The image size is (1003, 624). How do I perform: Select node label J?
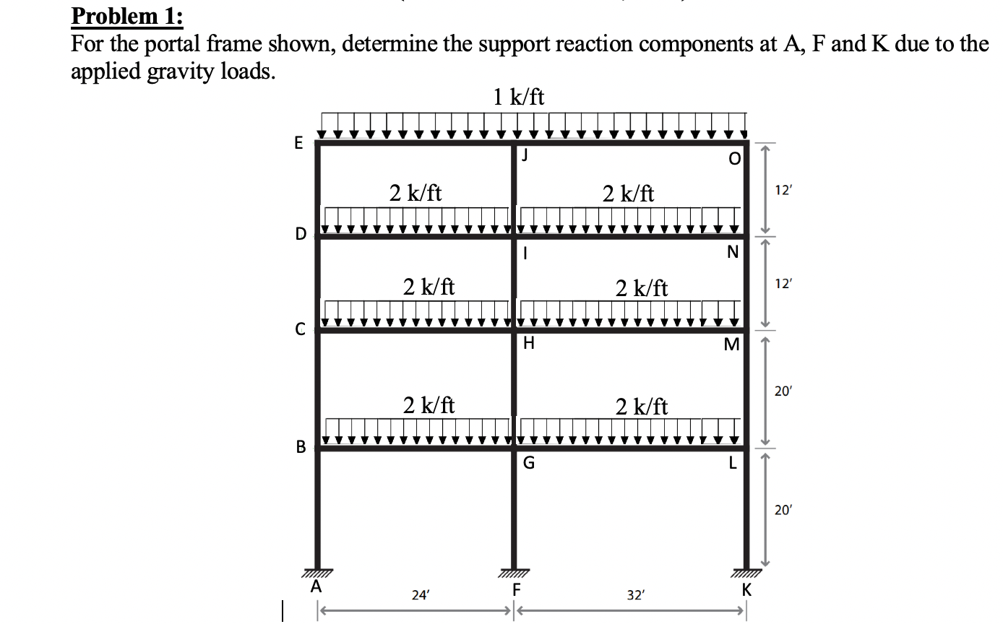tap(525, 154)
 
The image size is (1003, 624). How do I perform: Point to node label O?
tap(734, 159)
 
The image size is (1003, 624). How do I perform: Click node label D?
tap(300, 234)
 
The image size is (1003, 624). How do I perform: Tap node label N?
tap(733, 253)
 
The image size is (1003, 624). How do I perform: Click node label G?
tap(528, 464)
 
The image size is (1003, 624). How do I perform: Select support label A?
tap(316, 587)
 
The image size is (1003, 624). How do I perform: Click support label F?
tap(516, 588)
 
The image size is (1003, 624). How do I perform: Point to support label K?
tap(746, 589)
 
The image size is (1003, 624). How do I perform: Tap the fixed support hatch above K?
tap(746, 573)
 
